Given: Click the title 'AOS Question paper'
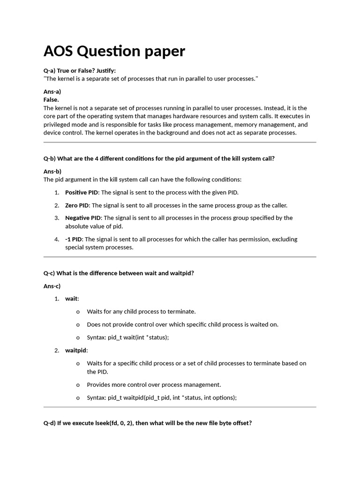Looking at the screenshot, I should (114, 51).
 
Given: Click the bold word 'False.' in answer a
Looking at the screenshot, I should (51, 100).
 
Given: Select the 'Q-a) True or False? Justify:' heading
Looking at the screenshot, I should (79, 71).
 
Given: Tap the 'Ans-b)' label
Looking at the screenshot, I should (52, 171).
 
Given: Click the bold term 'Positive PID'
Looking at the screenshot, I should (82, 193).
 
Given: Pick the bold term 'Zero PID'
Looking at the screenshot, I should (77, 205).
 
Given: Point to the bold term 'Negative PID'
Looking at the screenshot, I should (83, 218).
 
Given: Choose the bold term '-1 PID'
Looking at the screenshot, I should (74, 240).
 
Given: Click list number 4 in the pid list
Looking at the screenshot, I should (56, 240).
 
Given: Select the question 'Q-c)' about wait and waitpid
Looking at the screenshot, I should (119, 273).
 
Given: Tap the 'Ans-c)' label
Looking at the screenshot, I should (52, 286).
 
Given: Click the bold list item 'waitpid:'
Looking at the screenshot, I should (76, 351).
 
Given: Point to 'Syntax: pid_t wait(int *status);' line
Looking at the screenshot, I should (127, 337).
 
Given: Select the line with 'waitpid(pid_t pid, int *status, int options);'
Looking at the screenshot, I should (162, 398).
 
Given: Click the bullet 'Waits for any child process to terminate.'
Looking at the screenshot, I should (141, 312).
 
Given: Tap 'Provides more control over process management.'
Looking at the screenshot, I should (154, 385).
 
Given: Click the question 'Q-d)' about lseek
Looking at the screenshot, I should (148, 423).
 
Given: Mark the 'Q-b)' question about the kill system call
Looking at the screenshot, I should (159, 158).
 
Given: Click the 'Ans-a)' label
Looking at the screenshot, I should (52, 92).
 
